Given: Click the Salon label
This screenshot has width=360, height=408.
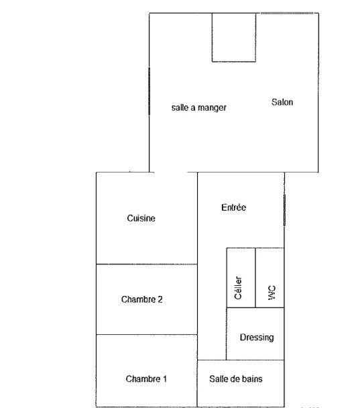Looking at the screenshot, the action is pos(282,102).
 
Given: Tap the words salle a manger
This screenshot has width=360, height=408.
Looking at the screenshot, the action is pos(199,107).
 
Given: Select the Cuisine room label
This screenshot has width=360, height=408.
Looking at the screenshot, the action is pos(141,218).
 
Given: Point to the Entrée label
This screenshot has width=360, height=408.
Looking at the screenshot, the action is pos(234,207).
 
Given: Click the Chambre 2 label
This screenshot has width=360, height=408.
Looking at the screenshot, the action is pos(142,299).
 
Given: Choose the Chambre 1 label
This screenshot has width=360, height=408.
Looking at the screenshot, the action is pos(146,379).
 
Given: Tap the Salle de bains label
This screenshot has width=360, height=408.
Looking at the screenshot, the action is pos(236,379).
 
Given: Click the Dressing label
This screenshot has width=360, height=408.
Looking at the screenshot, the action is pos(257,338).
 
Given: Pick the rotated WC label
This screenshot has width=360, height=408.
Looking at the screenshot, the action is pos(272,293).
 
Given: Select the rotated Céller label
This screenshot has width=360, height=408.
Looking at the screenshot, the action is pos(238,288).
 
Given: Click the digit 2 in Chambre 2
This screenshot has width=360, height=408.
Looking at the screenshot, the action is pos(160,299).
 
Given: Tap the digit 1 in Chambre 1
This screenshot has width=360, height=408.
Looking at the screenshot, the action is pos(165,379).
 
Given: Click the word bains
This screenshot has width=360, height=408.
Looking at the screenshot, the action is pos(251,379).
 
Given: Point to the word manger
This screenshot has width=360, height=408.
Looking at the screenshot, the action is pos(212,108).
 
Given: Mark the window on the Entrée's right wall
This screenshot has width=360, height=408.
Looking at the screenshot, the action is pos(285,210).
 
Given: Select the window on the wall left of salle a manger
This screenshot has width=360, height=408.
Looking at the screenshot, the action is pos(149,91).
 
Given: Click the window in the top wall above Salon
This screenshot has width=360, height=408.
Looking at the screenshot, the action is pos(287,13).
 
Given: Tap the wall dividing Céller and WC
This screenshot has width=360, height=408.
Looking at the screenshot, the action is pos(255,278).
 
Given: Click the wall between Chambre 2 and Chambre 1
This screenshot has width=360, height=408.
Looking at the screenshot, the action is pos(147,334).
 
